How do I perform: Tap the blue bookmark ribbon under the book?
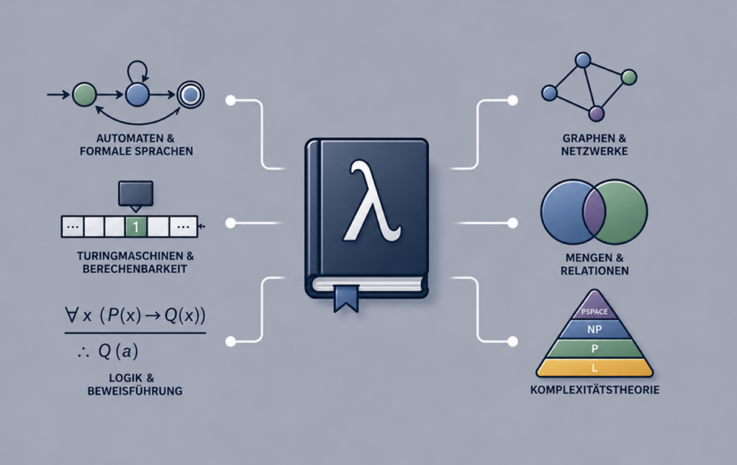pyautogui.click(x=346, y=298)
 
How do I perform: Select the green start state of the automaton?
pyautogui.click(x=85, y=94)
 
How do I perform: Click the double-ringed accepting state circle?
pyautogui.click(x=190, y=95)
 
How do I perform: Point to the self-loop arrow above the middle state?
pyautogui.click(x=137, y=71)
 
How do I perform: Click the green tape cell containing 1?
pyautogui.click(x=136, y=227)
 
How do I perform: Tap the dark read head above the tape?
pyautogui.click(x=136, y=195)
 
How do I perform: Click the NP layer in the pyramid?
pyautogui.click(x=594, y=330)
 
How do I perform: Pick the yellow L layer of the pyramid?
pyautogui.click(x=594, y=368)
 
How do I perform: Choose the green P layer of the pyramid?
pyautogui.click(x=594, y=349)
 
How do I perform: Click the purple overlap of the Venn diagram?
pyautogui.click(x=594, y=212)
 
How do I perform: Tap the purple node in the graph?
pyautogui.click(x=597, y=113)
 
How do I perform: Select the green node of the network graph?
pyautogui.click(x=629, y=77)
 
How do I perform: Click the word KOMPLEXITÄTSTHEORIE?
pyautogui.click(x=594, y=389)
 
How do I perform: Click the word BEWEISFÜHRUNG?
pyautogui.click(x=135, y=391)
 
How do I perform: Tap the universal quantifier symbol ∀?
pyautogui.click(x=72, y=315)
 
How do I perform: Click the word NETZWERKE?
pyautogui.click(x=594, y=151)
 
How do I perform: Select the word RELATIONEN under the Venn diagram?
pyautogui.click(x=594, y=271)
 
